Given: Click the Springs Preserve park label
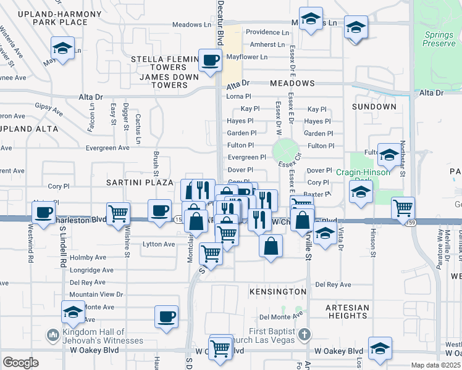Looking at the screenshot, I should point(439,39).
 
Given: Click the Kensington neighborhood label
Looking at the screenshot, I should point(278,291).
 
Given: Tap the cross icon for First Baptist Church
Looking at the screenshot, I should point(303,335).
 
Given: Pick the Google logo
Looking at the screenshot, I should point(20,363).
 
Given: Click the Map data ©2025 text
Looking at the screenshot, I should point(435,365).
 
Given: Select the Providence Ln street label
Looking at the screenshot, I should point(267,32).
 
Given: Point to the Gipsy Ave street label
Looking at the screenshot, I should point(49,110).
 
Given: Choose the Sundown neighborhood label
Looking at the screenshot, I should point(374,107).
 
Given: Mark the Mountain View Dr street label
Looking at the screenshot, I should point(96,295).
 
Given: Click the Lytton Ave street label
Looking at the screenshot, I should point(159,244).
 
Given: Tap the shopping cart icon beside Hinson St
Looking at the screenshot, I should point(403,208).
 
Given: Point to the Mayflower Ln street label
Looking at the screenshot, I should point(247,57).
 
